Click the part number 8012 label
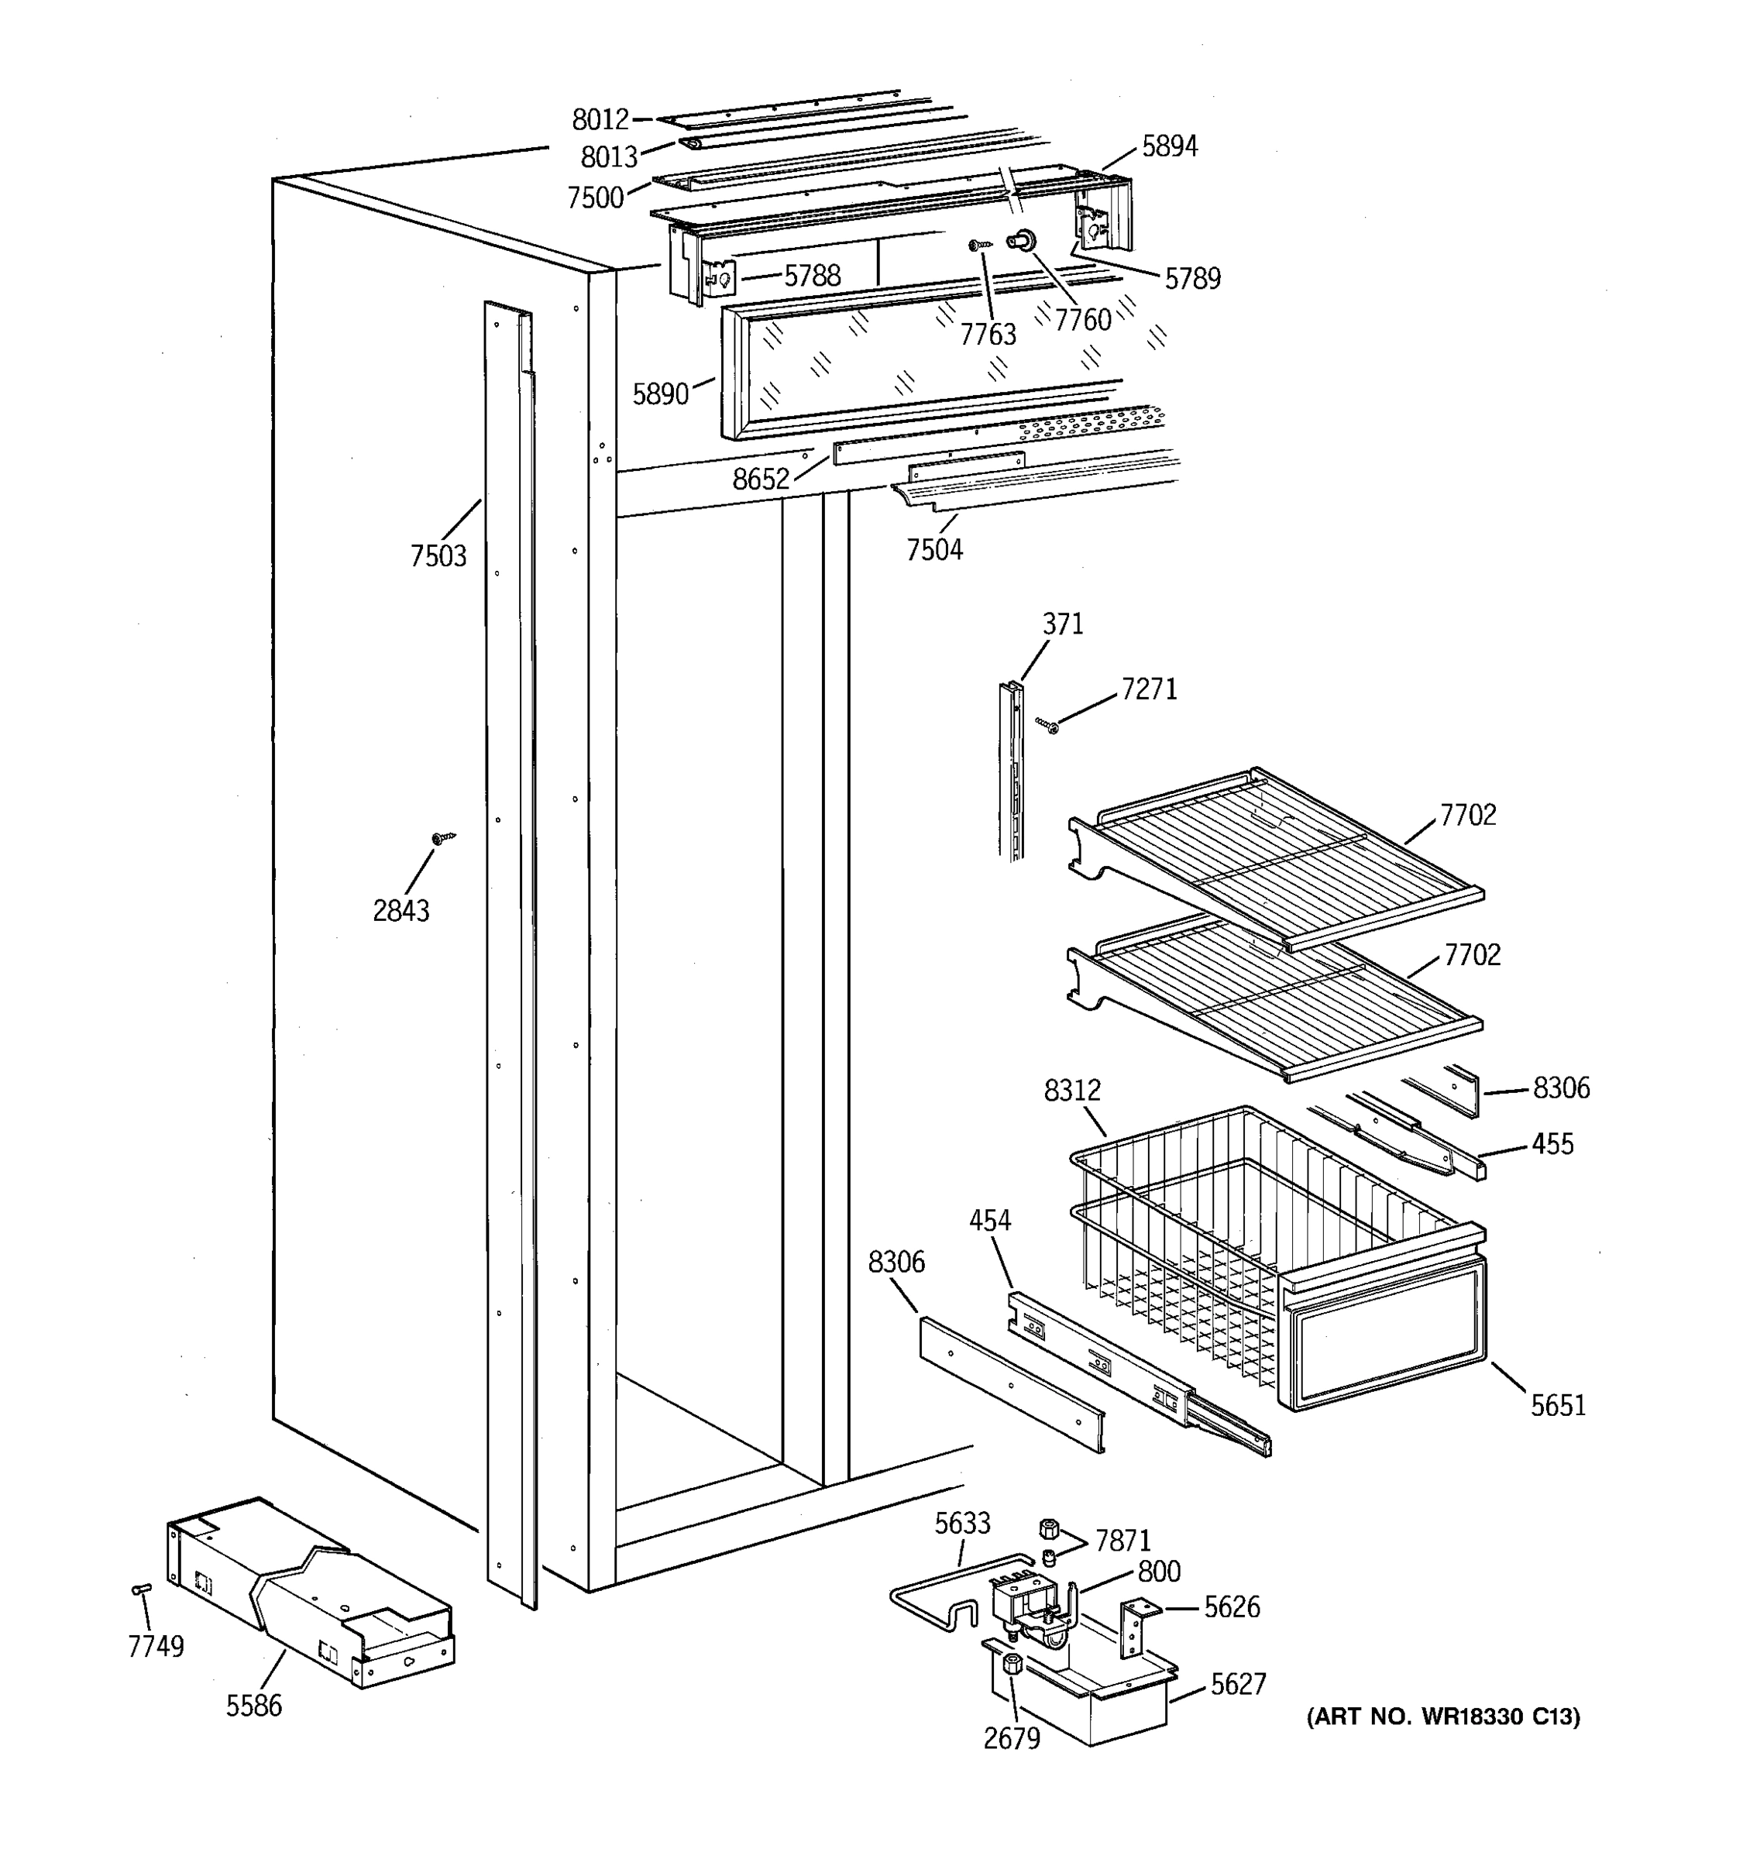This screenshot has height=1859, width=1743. coord(600,120)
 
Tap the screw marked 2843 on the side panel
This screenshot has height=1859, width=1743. coord(439,838)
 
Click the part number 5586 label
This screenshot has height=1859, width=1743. coord(253,1706)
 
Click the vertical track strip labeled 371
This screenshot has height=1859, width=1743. coord(1011,771)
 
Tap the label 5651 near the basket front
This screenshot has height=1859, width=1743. coord(1558,1431)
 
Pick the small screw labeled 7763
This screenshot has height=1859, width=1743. coord(979,245)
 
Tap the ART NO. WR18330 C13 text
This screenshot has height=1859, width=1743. coord(1443,1716)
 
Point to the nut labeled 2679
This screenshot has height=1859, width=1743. coord(1012,1662)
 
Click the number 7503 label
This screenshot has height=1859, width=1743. coord(438,555)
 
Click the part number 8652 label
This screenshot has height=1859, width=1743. coord(760,479)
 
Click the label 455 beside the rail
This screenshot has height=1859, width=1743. coord(1552,1143)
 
